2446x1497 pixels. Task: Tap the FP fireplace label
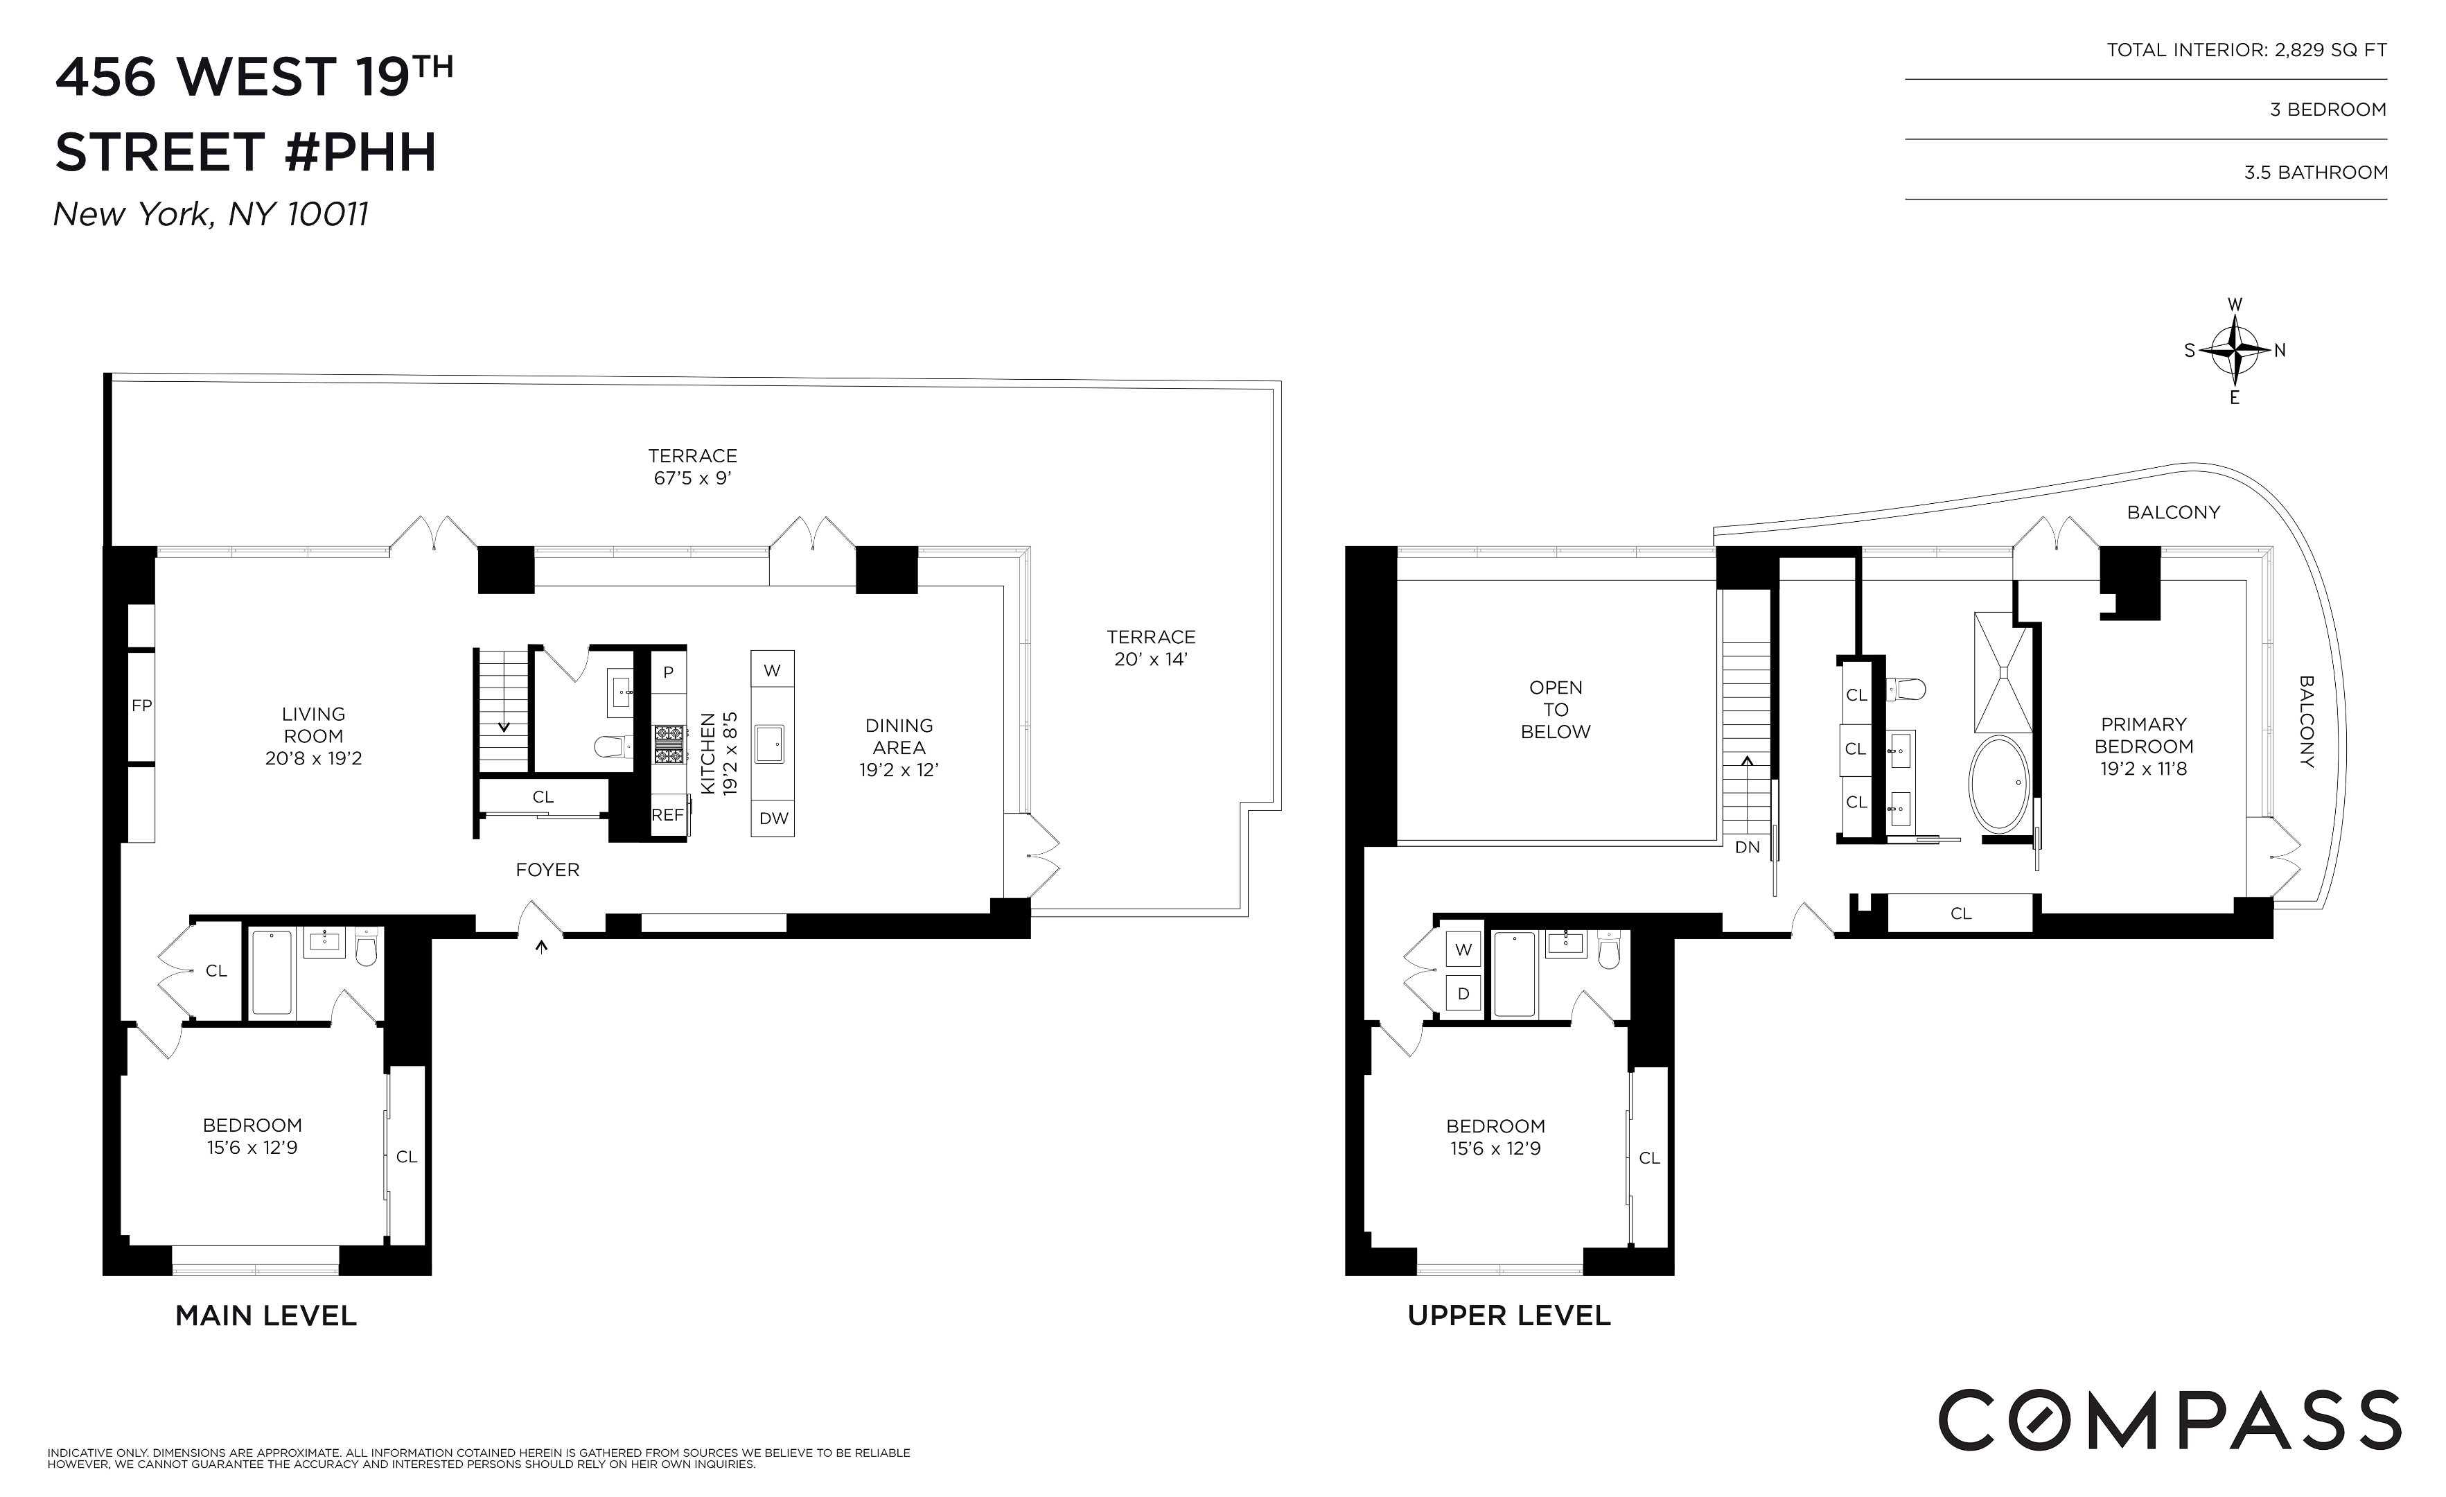[141, 706]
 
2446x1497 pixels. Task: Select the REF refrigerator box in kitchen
[667, 815]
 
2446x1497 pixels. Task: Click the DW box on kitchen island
[773, 818]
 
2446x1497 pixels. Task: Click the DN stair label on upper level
[1747, 847]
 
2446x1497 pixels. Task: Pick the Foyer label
[547, 870]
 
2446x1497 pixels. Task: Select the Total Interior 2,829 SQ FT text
[2246, 50]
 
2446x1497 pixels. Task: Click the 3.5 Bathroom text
[2315, 173]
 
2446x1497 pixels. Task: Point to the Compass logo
[2169, 1419]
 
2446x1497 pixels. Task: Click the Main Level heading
[266, 1316]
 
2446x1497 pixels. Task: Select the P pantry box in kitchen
[668, 672]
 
